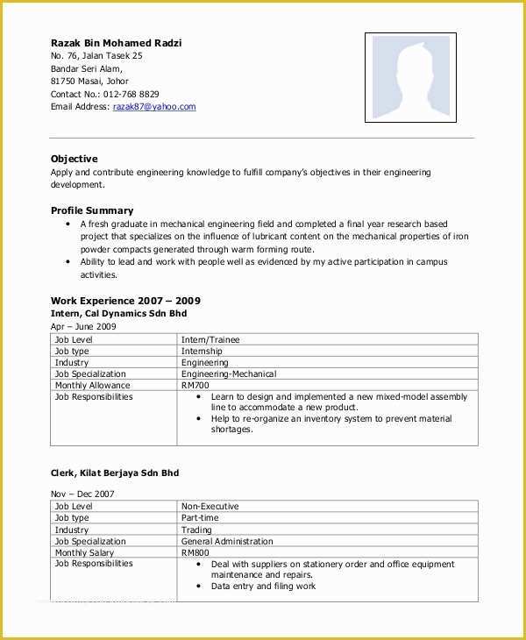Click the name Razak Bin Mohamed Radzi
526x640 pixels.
tap(117, 43)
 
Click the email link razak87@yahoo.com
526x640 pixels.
tap(154, 107)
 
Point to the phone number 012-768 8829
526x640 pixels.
tap(131, 94)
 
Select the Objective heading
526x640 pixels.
tap(75, 159)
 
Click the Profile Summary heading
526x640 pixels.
tap(92, 210)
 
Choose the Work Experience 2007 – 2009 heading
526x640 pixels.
tap(125, 301)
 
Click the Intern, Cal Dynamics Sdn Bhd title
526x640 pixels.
tap(118, 313)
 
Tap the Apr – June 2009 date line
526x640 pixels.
tap(83, 326)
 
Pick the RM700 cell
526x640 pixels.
tap(195, 386)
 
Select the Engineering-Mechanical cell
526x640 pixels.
tap(229, 374)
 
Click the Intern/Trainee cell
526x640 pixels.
tap(210, 339)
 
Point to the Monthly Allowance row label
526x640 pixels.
tap(92, 386)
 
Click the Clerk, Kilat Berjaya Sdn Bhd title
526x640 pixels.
tap(115, 473)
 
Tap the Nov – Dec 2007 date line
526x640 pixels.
tap(82, 494)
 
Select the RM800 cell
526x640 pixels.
tap(195, 553)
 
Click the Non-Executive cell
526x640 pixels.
tap(210, 507)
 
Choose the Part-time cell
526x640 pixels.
tap(200, 518)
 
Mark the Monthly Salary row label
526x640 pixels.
tap(85, 553)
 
